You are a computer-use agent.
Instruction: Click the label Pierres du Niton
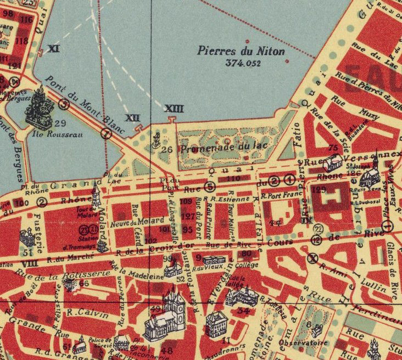241,51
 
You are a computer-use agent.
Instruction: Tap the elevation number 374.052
242,63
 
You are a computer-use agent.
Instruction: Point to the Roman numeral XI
53,48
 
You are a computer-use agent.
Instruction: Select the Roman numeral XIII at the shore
174,109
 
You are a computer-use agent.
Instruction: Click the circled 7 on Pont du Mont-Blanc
107,133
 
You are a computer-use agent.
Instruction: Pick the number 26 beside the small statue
167,148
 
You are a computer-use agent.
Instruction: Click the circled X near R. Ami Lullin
312,259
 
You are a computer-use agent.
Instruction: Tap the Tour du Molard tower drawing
97,196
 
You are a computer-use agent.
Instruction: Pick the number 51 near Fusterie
29,252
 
